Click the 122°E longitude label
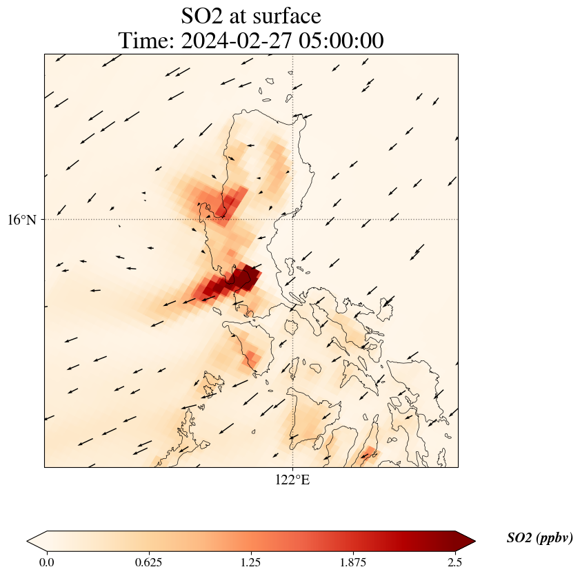click(292, 480)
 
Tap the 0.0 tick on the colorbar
click(47, 562)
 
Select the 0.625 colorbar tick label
click(148, 562)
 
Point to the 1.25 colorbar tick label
click(250, 562)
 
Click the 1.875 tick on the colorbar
click(353, 562)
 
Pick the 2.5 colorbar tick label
click(454, 562)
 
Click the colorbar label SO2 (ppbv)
click(539, 538)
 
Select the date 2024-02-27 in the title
click(234, 41)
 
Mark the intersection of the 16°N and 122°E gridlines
click(293, 219)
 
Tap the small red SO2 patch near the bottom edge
click(368, 453)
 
